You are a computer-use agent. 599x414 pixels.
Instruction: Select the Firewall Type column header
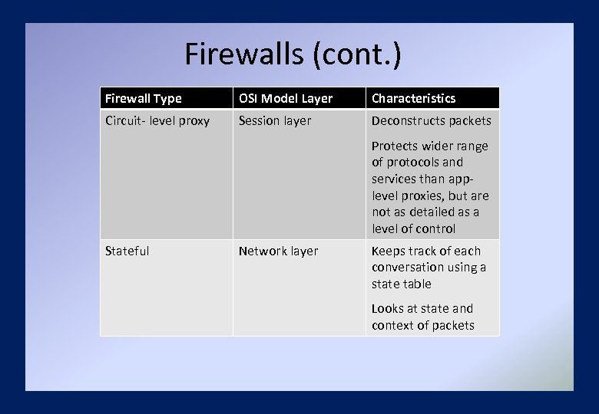coord(144,98)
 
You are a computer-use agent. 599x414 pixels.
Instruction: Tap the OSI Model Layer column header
coord(286,98)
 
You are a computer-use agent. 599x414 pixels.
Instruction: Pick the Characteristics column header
coord(414,98)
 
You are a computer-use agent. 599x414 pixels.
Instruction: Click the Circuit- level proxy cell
coord(157,120)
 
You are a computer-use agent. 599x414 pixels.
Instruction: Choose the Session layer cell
coord(275,120)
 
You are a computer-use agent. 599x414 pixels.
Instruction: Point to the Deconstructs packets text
coord(432,120)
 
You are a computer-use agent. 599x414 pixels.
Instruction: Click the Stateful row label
coord(127,251)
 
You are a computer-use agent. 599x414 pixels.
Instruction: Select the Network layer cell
coord(278,251)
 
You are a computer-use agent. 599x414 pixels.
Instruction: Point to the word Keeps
coord(388,251)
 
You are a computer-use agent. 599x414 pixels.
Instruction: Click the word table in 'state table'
coord(418,284)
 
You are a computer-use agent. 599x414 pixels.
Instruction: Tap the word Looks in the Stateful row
coord(388,308)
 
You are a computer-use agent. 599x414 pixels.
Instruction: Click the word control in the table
coord(435,228)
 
